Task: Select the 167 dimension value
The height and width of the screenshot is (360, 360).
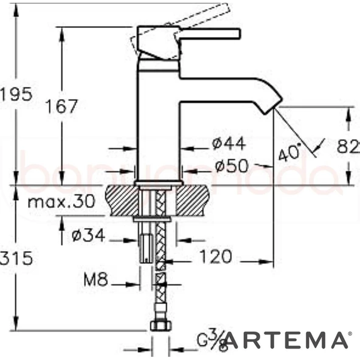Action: click(63, 106)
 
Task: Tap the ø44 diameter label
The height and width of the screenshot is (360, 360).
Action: click(229, 144)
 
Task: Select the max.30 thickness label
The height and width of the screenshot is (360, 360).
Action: click(61, 202)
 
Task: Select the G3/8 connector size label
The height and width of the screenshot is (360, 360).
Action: click(212, 341)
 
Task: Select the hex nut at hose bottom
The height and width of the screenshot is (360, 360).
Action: click(159, 325)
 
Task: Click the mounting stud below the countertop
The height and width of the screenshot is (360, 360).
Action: click(146, 243)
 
